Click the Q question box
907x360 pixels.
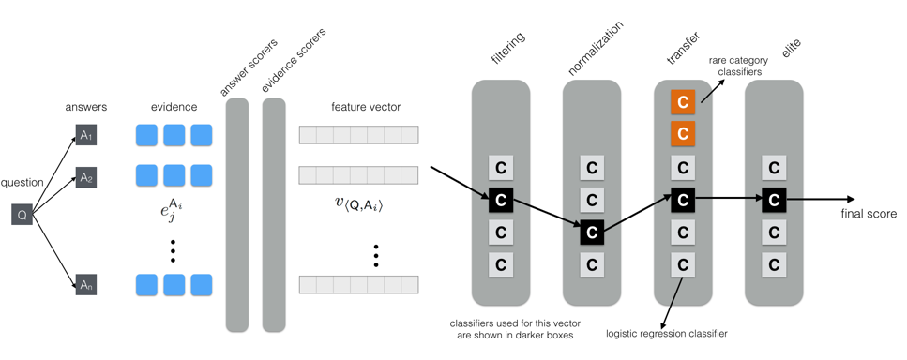(23, 215)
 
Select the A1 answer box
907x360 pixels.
(86, 136)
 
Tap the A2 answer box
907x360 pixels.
(86, 176)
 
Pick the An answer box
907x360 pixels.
(86, 284)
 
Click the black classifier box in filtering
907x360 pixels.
(501, 200)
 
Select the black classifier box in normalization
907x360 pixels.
(591, 232)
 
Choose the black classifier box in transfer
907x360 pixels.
(683, 200)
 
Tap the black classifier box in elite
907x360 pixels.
(774, 200)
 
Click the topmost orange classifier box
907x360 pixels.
(683, 102)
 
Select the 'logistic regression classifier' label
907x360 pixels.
(667, 333)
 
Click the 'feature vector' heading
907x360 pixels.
(366, 107)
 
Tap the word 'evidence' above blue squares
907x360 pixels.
(174, 107)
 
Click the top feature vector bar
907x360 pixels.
(358, 135)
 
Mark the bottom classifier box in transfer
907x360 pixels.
(683, 265)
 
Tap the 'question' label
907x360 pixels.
(23, 183)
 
